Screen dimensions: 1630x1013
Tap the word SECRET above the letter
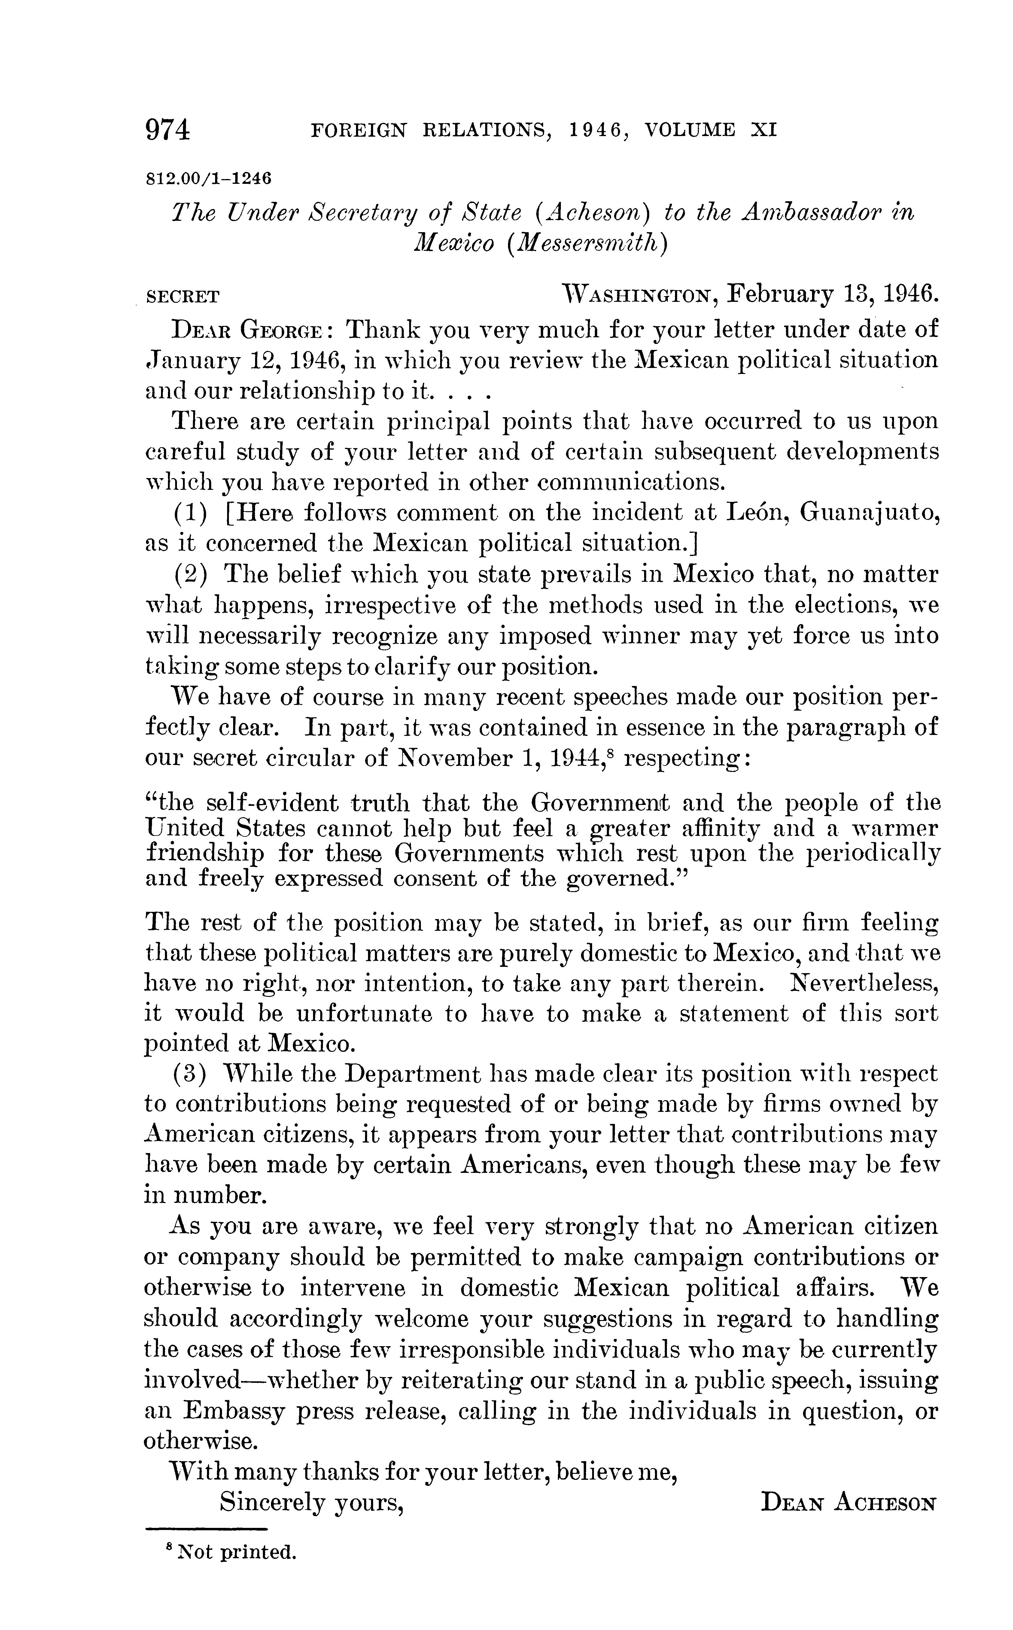tap(182, 297)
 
